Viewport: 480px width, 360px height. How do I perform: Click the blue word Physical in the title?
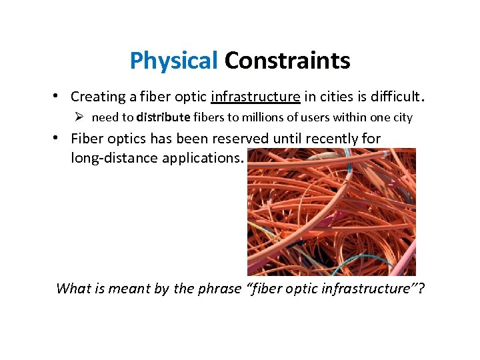pos(174,61)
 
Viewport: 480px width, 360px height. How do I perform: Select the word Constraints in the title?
pos(287,61)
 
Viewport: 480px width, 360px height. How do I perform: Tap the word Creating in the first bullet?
pos(98,97)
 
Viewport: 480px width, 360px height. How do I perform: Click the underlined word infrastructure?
pos(255,97)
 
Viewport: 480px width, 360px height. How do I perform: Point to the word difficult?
pos(395,97)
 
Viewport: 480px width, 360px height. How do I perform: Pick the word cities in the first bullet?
pos(339,97)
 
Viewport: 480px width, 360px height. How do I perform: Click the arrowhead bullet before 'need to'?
pos(79,117)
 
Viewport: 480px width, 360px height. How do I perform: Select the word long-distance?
pos(114,158)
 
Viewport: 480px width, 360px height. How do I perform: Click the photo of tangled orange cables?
pos(331,212)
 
